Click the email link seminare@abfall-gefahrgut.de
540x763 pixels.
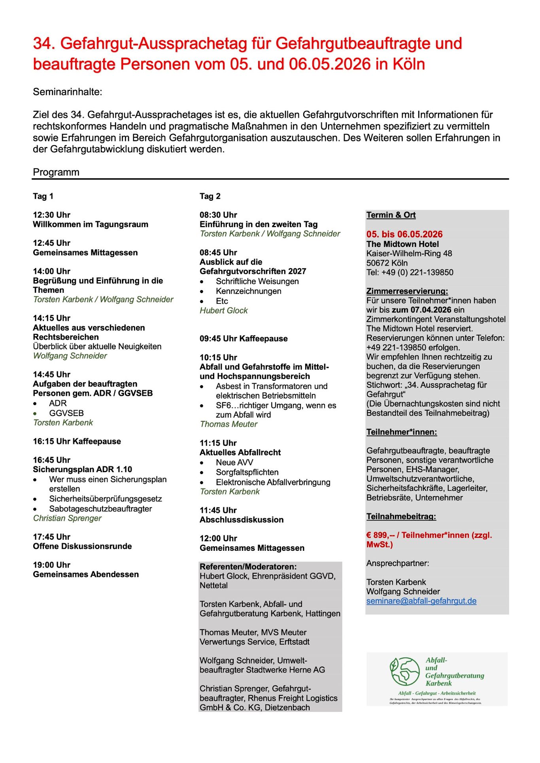(421, 601)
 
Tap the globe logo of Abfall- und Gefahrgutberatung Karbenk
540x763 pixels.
(404, 671)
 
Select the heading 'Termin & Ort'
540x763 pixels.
(391, 215)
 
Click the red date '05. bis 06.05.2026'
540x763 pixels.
(404, 234)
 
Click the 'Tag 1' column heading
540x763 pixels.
(43, 196)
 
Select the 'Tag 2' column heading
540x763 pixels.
(210, 196)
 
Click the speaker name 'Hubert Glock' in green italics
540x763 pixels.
(223, 311)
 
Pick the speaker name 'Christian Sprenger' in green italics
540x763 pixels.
(67, 518)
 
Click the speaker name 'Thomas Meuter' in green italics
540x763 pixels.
(228, 424)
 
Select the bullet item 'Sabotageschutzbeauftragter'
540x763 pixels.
(100, 509)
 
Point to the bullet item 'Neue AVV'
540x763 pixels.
(234, 462)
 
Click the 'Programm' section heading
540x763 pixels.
(56, 172)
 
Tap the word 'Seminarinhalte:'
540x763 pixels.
(68, 92)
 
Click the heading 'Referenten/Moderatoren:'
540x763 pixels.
(248, 567)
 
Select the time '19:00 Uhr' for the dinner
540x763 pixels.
(51, 565)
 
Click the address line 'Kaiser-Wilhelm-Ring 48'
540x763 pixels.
(409, 253)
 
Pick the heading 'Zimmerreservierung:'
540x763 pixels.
(407, 291)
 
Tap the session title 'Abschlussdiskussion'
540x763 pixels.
(242, 520)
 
